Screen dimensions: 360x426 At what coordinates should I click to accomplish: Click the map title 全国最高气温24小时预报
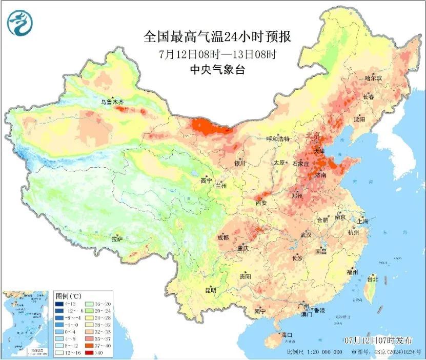[217, 37]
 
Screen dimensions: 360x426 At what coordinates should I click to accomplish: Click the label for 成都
[223, 237]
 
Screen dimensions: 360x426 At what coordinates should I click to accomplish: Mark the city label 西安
[261, 203]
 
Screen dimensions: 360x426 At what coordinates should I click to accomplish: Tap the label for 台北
[373, 279]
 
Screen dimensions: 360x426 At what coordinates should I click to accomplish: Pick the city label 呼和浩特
[278, 139]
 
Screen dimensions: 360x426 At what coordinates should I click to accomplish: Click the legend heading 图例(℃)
[67, 296]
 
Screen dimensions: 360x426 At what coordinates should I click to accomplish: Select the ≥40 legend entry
[95, 353]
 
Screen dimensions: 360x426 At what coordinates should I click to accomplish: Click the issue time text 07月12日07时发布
[378, 340]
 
